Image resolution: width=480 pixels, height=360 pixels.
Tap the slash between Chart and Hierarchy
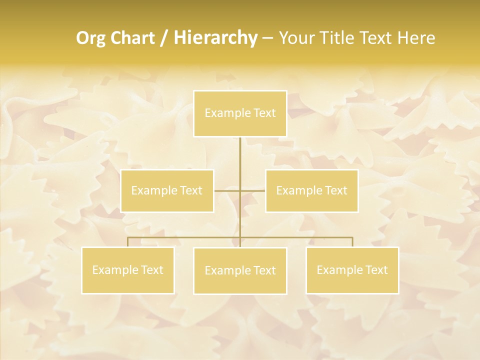(x=164, y=38)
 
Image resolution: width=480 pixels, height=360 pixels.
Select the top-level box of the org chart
(x=240, y=113)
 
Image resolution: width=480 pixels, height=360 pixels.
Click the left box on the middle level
(x=167, y=190)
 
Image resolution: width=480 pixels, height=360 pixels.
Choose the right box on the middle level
(x=311, y=190)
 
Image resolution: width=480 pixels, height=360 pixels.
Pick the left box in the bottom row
(x=127, y=270)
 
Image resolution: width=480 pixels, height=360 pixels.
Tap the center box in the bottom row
(x=240, y=270)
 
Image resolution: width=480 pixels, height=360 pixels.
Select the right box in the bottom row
(x=352, y=270)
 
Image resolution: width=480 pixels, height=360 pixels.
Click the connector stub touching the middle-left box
(x=226, y=190)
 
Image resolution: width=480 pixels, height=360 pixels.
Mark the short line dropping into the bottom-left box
(x=127, y=242)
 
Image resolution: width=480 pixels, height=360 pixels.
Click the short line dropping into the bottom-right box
(x=352, y=242)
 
